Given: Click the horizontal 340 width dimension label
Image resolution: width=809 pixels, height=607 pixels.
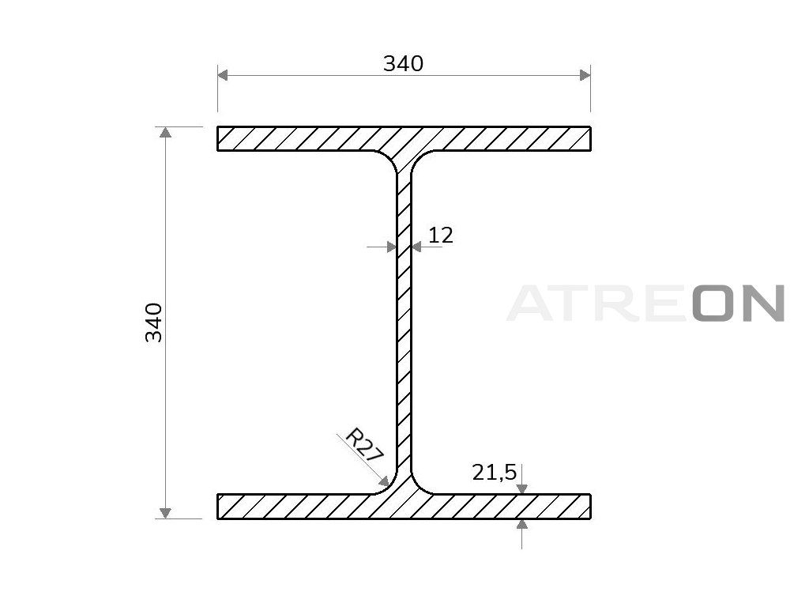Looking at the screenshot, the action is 403,63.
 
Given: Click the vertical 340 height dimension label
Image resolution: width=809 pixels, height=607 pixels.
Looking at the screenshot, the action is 154,322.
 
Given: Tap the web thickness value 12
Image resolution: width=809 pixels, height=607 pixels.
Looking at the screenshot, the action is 441,236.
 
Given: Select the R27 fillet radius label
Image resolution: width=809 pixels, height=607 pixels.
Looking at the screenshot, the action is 364,446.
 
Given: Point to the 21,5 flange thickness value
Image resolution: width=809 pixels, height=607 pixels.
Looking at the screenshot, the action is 495,473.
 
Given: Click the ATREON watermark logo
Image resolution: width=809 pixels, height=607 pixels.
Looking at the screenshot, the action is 646,303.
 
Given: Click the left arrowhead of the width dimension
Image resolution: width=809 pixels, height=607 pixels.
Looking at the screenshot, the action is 222,75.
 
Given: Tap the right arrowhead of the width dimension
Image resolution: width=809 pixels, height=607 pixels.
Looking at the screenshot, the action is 585,75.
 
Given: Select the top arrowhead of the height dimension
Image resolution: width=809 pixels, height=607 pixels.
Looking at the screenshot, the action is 165,132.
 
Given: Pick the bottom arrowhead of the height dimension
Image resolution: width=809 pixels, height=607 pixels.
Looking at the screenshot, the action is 165,513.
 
